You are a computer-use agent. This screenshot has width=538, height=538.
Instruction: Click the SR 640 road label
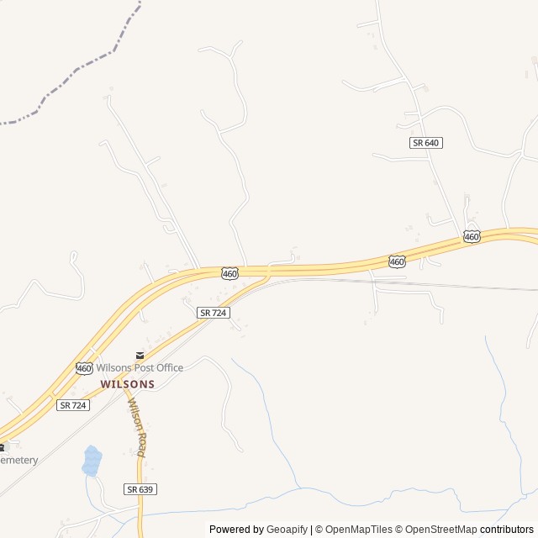click(x=426, y=143)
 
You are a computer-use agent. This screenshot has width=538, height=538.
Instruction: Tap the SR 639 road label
click(x=140, y=488)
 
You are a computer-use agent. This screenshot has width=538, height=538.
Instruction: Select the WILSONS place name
click(x=128, y=383)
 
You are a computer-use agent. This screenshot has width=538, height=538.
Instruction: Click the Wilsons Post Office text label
click(x=140, y=368)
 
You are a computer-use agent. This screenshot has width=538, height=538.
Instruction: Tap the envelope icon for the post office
click(x=140, y=356)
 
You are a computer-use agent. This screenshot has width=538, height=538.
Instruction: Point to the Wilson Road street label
click(x=136, y=427)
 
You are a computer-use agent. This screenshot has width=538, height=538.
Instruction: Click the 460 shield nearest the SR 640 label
click(x=472, y=237)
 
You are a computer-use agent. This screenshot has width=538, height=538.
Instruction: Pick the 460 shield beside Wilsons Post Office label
click(x=84, y=368)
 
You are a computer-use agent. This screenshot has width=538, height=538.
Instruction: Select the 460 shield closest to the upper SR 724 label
click(x=230, y=273)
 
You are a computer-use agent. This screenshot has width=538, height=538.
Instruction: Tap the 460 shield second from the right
click(x=397, y=261)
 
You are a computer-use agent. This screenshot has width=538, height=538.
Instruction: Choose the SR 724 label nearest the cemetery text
click(x=73, y=405)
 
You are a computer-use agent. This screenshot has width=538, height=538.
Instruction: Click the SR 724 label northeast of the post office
click(x=214, y=313)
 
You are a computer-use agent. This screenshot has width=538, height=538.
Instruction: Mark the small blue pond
click(x=91, y=461)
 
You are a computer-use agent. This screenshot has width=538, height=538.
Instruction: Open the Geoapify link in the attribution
click(x=287, y=530)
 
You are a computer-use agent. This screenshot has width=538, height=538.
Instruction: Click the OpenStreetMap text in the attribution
click(x=438, y=530)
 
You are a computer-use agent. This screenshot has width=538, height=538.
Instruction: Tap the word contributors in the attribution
click(x=508, y=530)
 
